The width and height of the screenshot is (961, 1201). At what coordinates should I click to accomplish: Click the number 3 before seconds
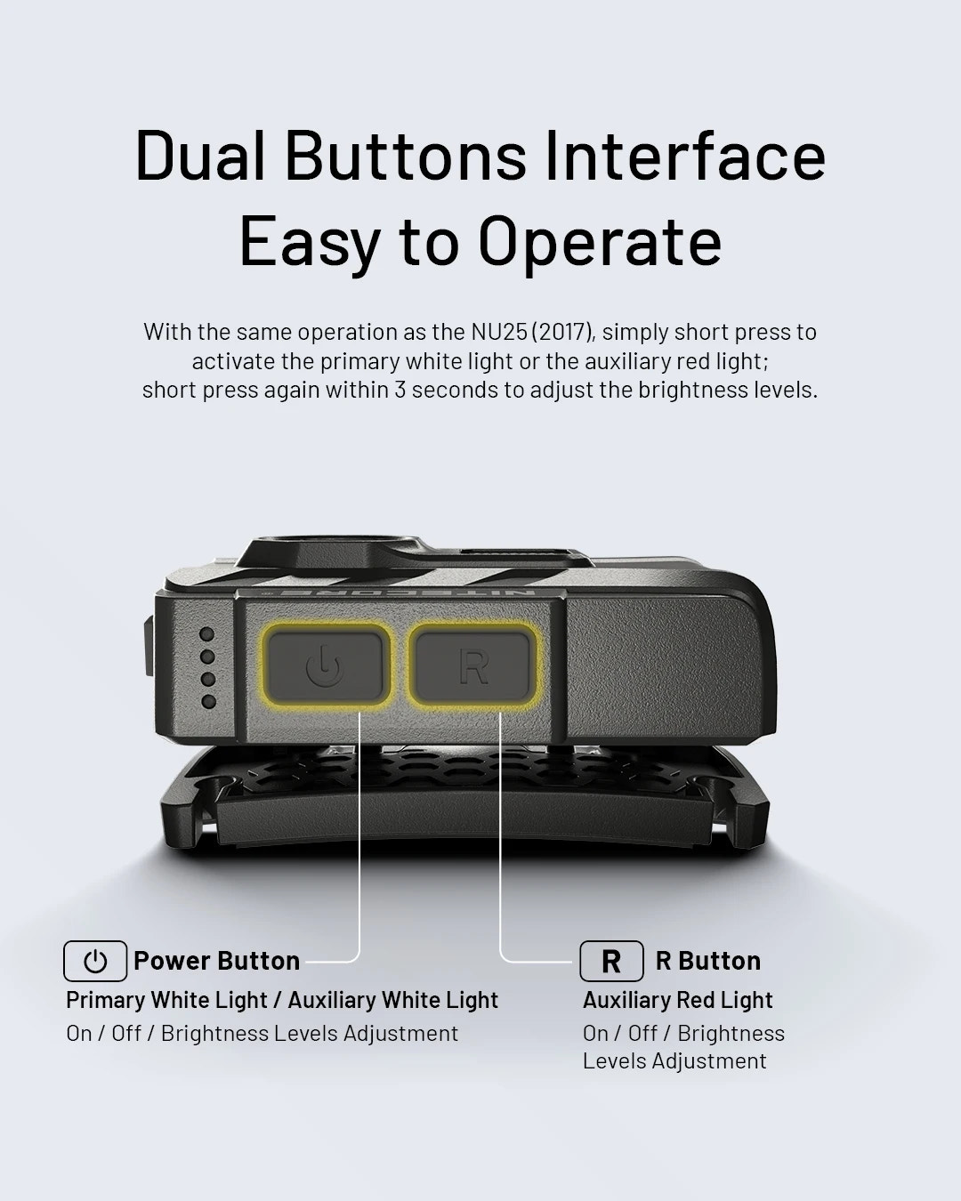click(x=400, y=390)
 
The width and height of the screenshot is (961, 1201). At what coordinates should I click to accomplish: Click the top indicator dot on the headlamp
click(x=208, y=634)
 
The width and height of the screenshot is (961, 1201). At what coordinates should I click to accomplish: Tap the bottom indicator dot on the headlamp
click(x=208, y=701)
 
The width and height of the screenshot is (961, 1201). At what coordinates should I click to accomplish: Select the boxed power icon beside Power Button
click(x=95, y=961)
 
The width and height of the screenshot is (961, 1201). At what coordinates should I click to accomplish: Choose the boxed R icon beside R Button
click(x=611, y=961)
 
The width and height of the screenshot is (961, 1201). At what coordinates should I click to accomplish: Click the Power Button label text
click(x=216, y=961)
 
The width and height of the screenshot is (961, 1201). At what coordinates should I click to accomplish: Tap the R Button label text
click(x=708, y=961)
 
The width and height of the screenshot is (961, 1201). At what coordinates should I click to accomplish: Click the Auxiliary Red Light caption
click(x=678, y=1000)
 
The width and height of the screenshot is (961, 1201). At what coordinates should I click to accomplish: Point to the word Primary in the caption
click(x=105, y=1000)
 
